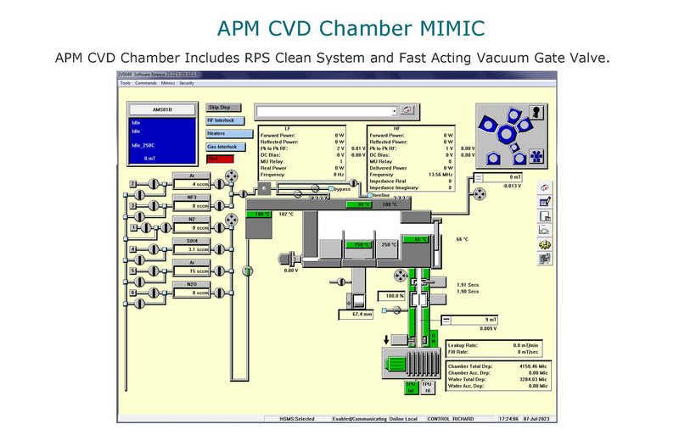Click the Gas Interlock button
click(220, 147)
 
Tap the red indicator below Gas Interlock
click(219, 159)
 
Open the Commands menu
click(145, 83)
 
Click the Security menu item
click(187, 83)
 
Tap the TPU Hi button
click(427, 387)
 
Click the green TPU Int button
click(411, 387)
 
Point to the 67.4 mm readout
click(362, 314)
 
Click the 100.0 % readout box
click(395, 296)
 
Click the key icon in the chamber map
click(536, 112)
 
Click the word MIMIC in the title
click(446, 28)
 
